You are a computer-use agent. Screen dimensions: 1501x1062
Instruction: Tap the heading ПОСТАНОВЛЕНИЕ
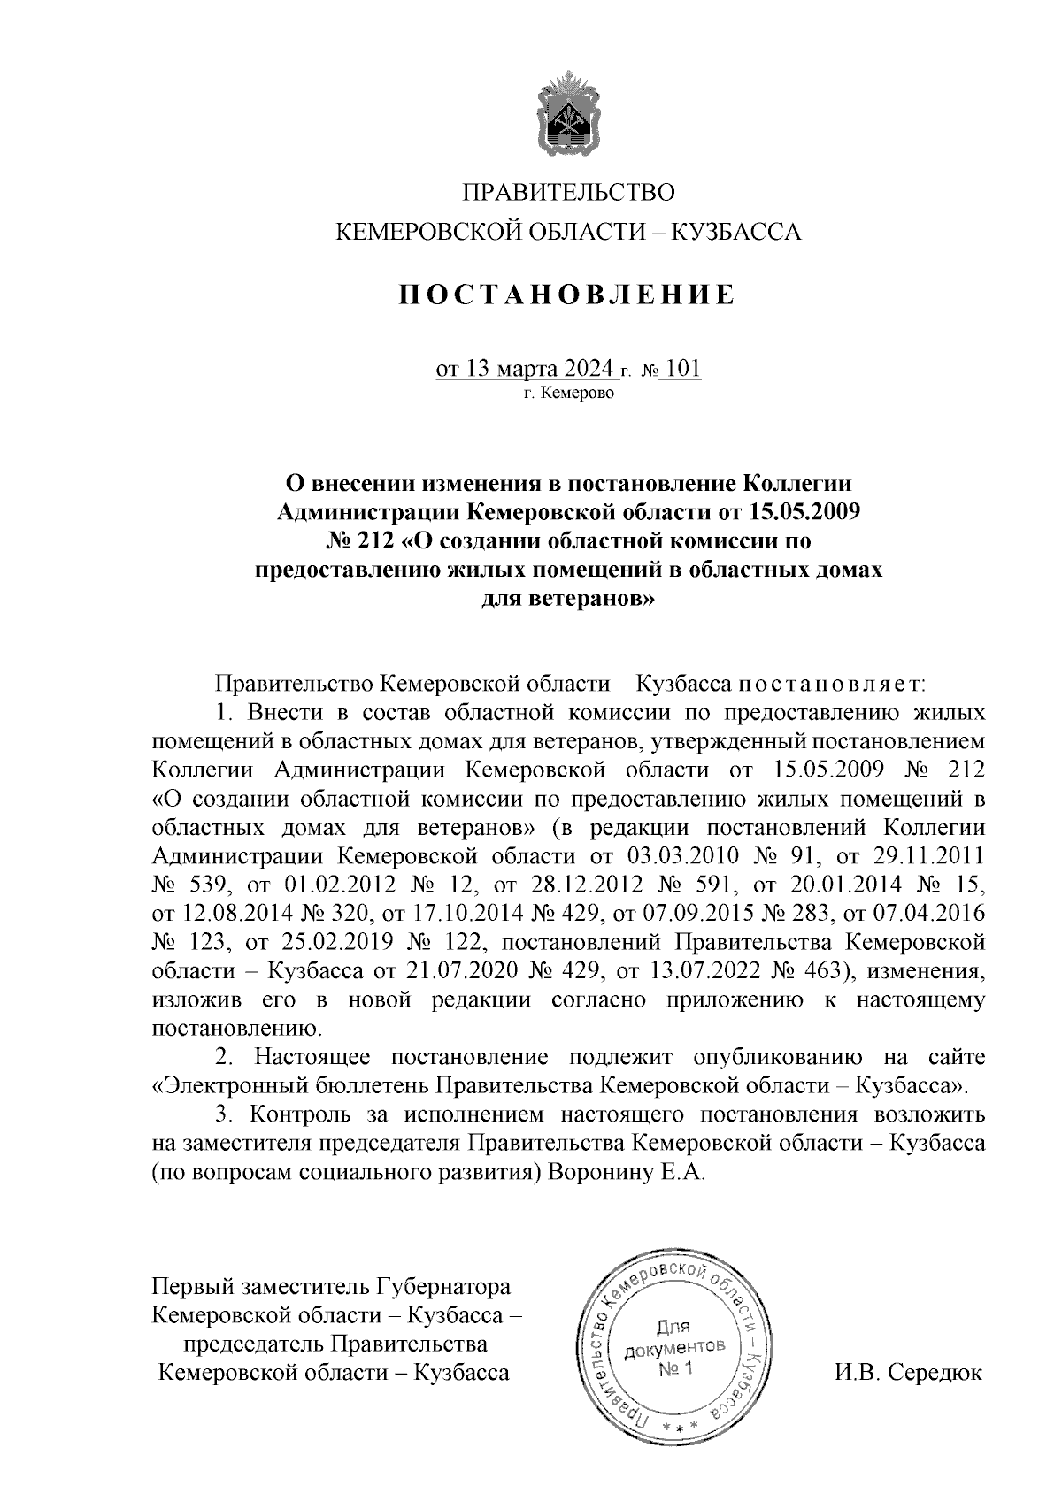[566, 295]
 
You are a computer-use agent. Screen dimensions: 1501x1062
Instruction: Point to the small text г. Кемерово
[567, 393]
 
